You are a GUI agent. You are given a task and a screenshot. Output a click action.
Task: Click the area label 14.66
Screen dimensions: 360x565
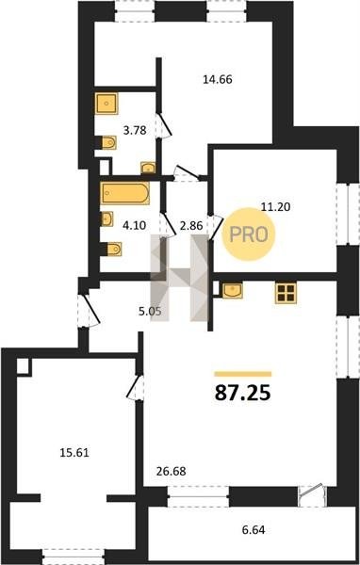[217, 79]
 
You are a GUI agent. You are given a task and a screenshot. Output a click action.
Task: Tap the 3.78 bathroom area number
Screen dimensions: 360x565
[135, 130]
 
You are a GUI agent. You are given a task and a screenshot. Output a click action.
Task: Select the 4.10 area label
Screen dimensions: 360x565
[134, 226]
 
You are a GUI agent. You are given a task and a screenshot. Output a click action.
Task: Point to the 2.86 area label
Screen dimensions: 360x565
[191, 226]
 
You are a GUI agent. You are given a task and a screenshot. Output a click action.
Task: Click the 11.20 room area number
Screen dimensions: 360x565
[275, 207]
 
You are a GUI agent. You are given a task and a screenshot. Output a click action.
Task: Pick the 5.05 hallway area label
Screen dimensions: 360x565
[150, 311]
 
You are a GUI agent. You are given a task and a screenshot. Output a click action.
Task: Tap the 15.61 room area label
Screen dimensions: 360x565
[74, 453]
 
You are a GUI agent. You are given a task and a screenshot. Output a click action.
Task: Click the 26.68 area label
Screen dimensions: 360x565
[172, 471]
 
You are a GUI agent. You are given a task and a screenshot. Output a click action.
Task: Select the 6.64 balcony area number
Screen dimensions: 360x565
[254, 530]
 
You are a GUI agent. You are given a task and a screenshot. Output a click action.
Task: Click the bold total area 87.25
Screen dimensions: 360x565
[242, 393]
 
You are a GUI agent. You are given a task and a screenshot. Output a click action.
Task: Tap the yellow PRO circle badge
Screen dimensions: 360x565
[249, 234]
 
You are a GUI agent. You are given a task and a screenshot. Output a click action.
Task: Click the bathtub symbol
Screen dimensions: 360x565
[124, 193]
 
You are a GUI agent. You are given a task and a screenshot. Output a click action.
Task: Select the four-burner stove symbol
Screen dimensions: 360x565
[286, 293]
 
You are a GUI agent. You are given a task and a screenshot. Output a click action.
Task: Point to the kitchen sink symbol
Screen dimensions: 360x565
[233, 290]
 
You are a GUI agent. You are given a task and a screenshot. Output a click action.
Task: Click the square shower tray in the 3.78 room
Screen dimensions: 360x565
[106, 104]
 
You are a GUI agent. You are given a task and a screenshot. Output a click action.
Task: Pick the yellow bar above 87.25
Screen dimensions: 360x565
[243, 374]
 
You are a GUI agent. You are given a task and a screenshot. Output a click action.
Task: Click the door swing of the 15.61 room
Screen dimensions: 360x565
[134, 388]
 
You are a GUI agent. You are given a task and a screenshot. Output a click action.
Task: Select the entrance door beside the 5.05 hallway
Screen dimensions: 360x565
[89, 311]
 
